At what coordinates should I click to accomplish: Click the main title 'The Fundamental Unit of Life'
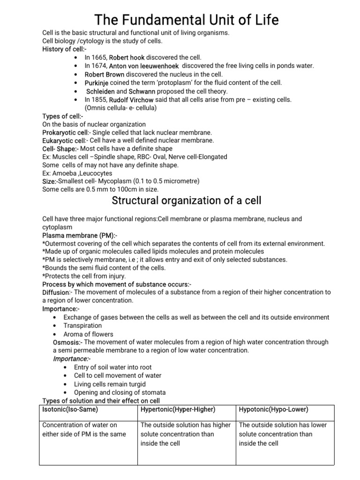pyautogui.click(x=186, y=20)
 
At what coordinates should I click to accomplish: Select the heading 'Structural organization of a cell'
pyautogui.click(x=186, y=201)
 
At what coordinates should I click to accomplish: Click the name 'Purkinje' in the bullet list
pyautogui.click(x=96, y=82)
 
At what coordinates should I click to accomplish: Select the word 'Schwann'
pyautogui.click(x=142, y=91)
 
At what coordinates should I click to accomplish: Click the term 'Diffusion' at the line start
pyautogui.click(x=55, y=292)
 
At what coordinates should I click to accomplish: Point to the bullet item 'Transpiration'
pyautogui.click(x=82, y=326)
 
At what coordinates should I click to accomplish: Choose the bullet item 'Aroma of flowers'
pyautogui.click(x=89, y=334)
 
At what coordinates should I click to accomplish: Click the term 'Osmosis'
pyautogui.click(x=65, y=342)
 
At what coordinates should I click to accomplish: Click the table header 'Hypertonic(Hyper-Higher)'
pyautogui.click(x=178, y=409)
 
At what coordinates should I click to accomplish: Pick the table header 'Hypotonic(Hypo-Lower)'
pyautogui.click(x=273, y=409)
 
